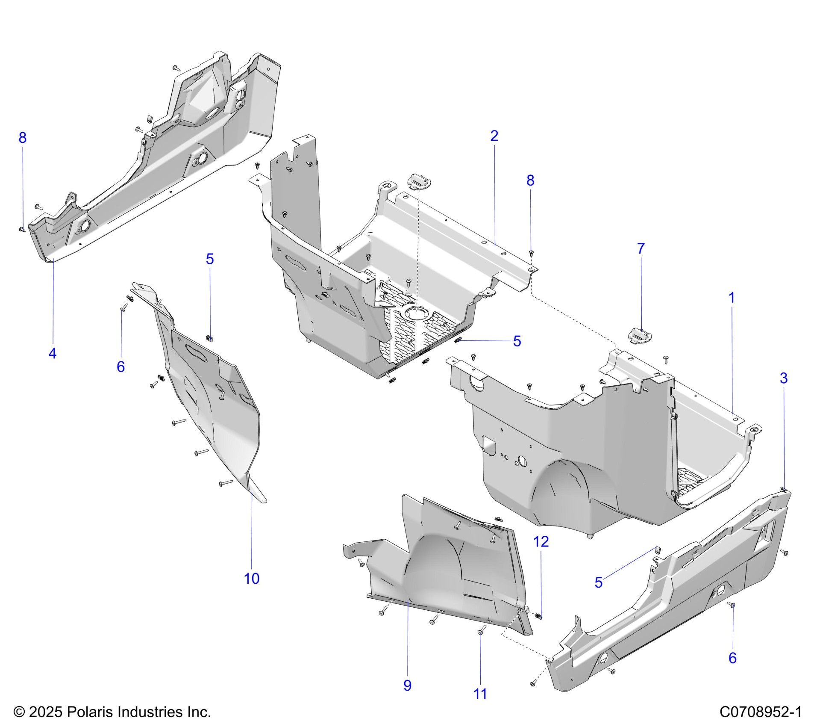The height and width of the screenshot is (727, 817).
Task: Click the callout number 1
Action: [732, 298]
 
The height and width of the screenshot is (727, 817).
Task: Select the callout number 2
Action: [494, 136]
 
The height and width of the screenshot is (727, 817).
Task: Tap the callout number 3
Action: [784, 378]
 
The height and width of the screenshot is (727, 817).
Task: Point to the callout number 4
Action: [52, 353]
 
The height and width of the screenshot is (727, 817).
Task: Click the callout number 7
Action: [641, 248]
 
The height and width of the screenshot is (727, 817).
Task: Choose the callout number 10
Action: [251, 578]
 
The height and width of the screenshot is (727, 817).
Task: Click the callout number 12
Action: [541, 542]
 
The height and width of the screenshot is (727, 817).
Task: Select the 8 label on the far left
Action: [23, 138]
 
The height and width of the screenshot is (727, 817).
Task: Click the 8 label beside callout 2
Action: [530, 180]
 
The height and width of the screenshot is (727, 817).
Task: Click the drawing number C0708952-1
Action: [760, 712]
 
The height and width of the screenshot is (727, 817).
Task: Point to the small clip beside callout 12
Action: [538, 615]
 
